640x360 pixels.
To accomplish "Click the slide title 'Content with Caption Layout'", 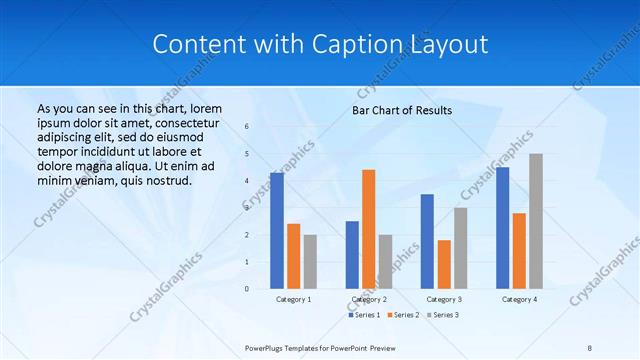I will [x=320, y=45].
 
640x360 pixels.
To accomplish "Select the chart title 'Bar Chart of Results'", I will [x=401, y=110].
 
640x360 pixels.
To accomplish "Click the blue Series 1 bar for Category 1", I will [x=276, y=230].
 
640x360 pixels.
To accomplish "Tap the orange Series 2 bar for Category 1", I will [x=293, y=256].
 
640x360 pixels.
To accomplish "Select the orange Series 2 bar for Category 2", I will [x=368, y=229].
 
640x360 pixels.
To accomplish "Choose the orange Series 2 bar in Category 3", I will [x=444, y=264].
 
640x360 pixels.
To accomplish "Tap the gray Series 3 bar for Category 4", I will [x=535, y=221].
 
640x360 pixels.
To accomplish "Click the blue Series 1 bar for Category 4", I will [x=502, y=228].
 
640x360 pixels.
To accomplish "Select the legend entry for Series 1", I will [x=365, y=315].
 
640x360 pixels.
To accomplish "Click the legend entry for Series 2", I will [x=403, y=315].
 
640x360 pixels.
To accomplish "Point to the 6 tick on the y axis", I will [x=247, y=127].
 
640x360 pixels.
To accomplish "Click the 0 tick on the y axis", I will [x=247, y=289].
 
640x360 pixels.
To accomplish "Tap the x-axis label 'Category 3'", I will [x=444, y=299].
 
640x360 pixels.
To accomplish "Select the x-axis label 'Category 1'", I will [x=293, y=299].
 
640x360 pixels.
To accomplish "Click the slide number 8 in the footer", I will [x=590, y=347].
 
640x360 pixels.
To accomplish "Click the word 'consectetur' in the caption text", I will [x=188, y=122].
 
